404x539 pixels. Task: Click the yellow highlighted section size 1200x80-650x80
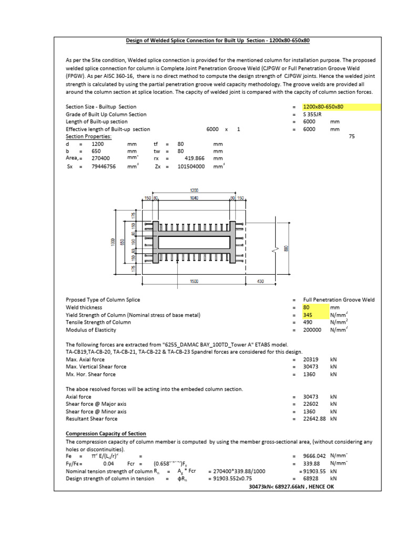point(324,107)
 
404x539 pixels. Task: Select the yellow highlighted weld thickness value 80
point(307,307)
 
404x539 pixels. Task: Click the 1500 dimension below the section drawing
point(194,282)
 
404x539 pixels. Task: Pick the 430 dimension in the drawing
point(259,282)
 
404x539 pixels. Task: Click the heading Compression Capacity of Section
point(99,434)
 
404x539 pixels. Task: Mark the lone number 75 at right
point(352,136)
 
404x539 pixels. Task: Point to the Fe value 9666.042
point(315,456)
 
